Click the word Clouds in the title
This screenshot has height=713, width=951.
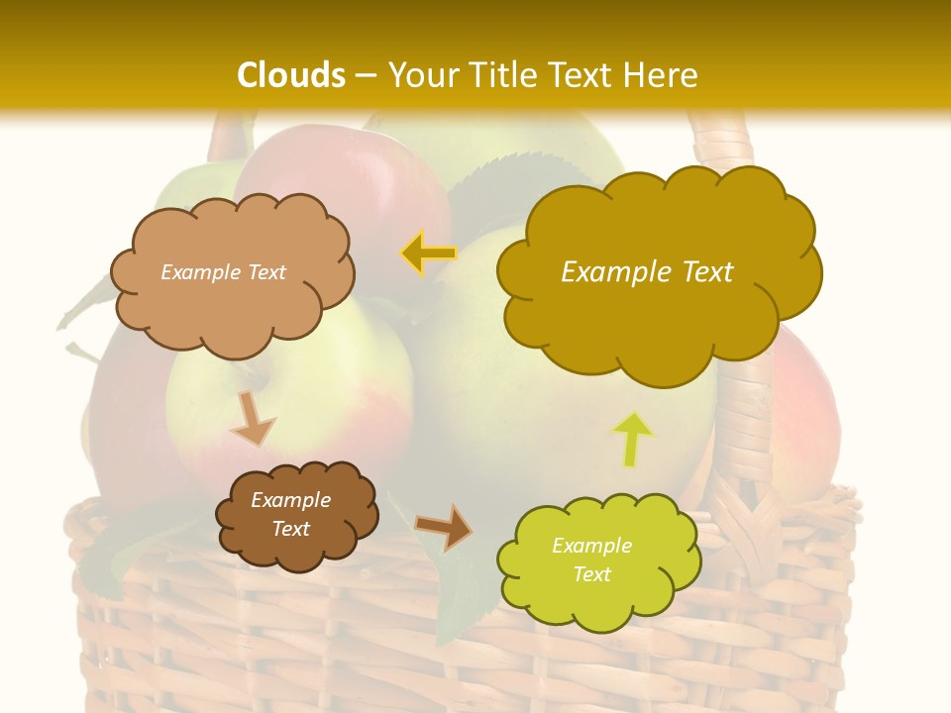pyautogui.click(x=291, y=75)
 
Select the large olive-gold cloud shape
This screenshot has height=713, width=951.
pyautogui.click(x=659, y=317)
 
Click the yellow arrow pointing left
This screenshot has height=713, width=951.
pyautogui.click(x=428, y=254)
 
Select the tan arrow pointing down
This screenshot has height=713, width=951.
pyautogui.click(x=252, y=419)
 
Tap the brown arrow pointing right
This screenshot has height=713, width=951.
pyautogui.click(x=444, y=527)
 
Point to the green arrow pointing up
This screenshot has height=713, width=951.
pyautogui.click(x=633, y=439)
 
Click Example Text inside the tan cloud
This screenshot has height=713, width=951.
pyautogui.click(x=224, y=272)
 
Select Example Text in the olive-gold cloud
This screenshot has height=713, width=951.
pyautogui.click(x=647, y=272)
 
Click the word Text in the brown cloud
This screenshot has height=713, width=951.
pyautogui.click(x=291, y=529)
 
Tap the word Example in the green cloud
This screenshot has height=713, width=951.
pyautogui.click(x=591, y=546)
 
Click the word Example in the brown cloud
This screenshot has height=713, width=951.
pyautogui.click(x=291, y=500)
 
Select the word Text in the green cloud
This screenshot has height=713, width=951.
pyautogui.click(x=591, y=574)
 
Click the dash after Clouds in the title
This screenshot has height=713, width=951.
pyautogui.click(x=366, y=75)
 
